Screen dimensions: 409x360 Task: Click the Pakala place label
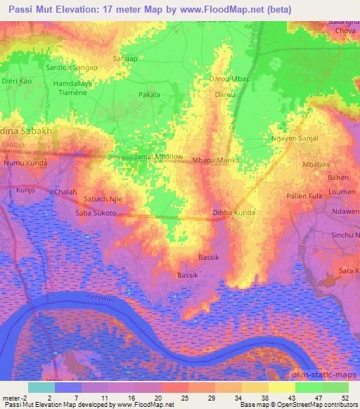(x=149, y=93)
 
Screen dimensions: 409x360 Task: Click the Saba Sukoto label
(x=96, y=212)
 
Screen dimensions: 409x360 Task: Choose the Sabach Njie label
(x=103, y=199)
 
